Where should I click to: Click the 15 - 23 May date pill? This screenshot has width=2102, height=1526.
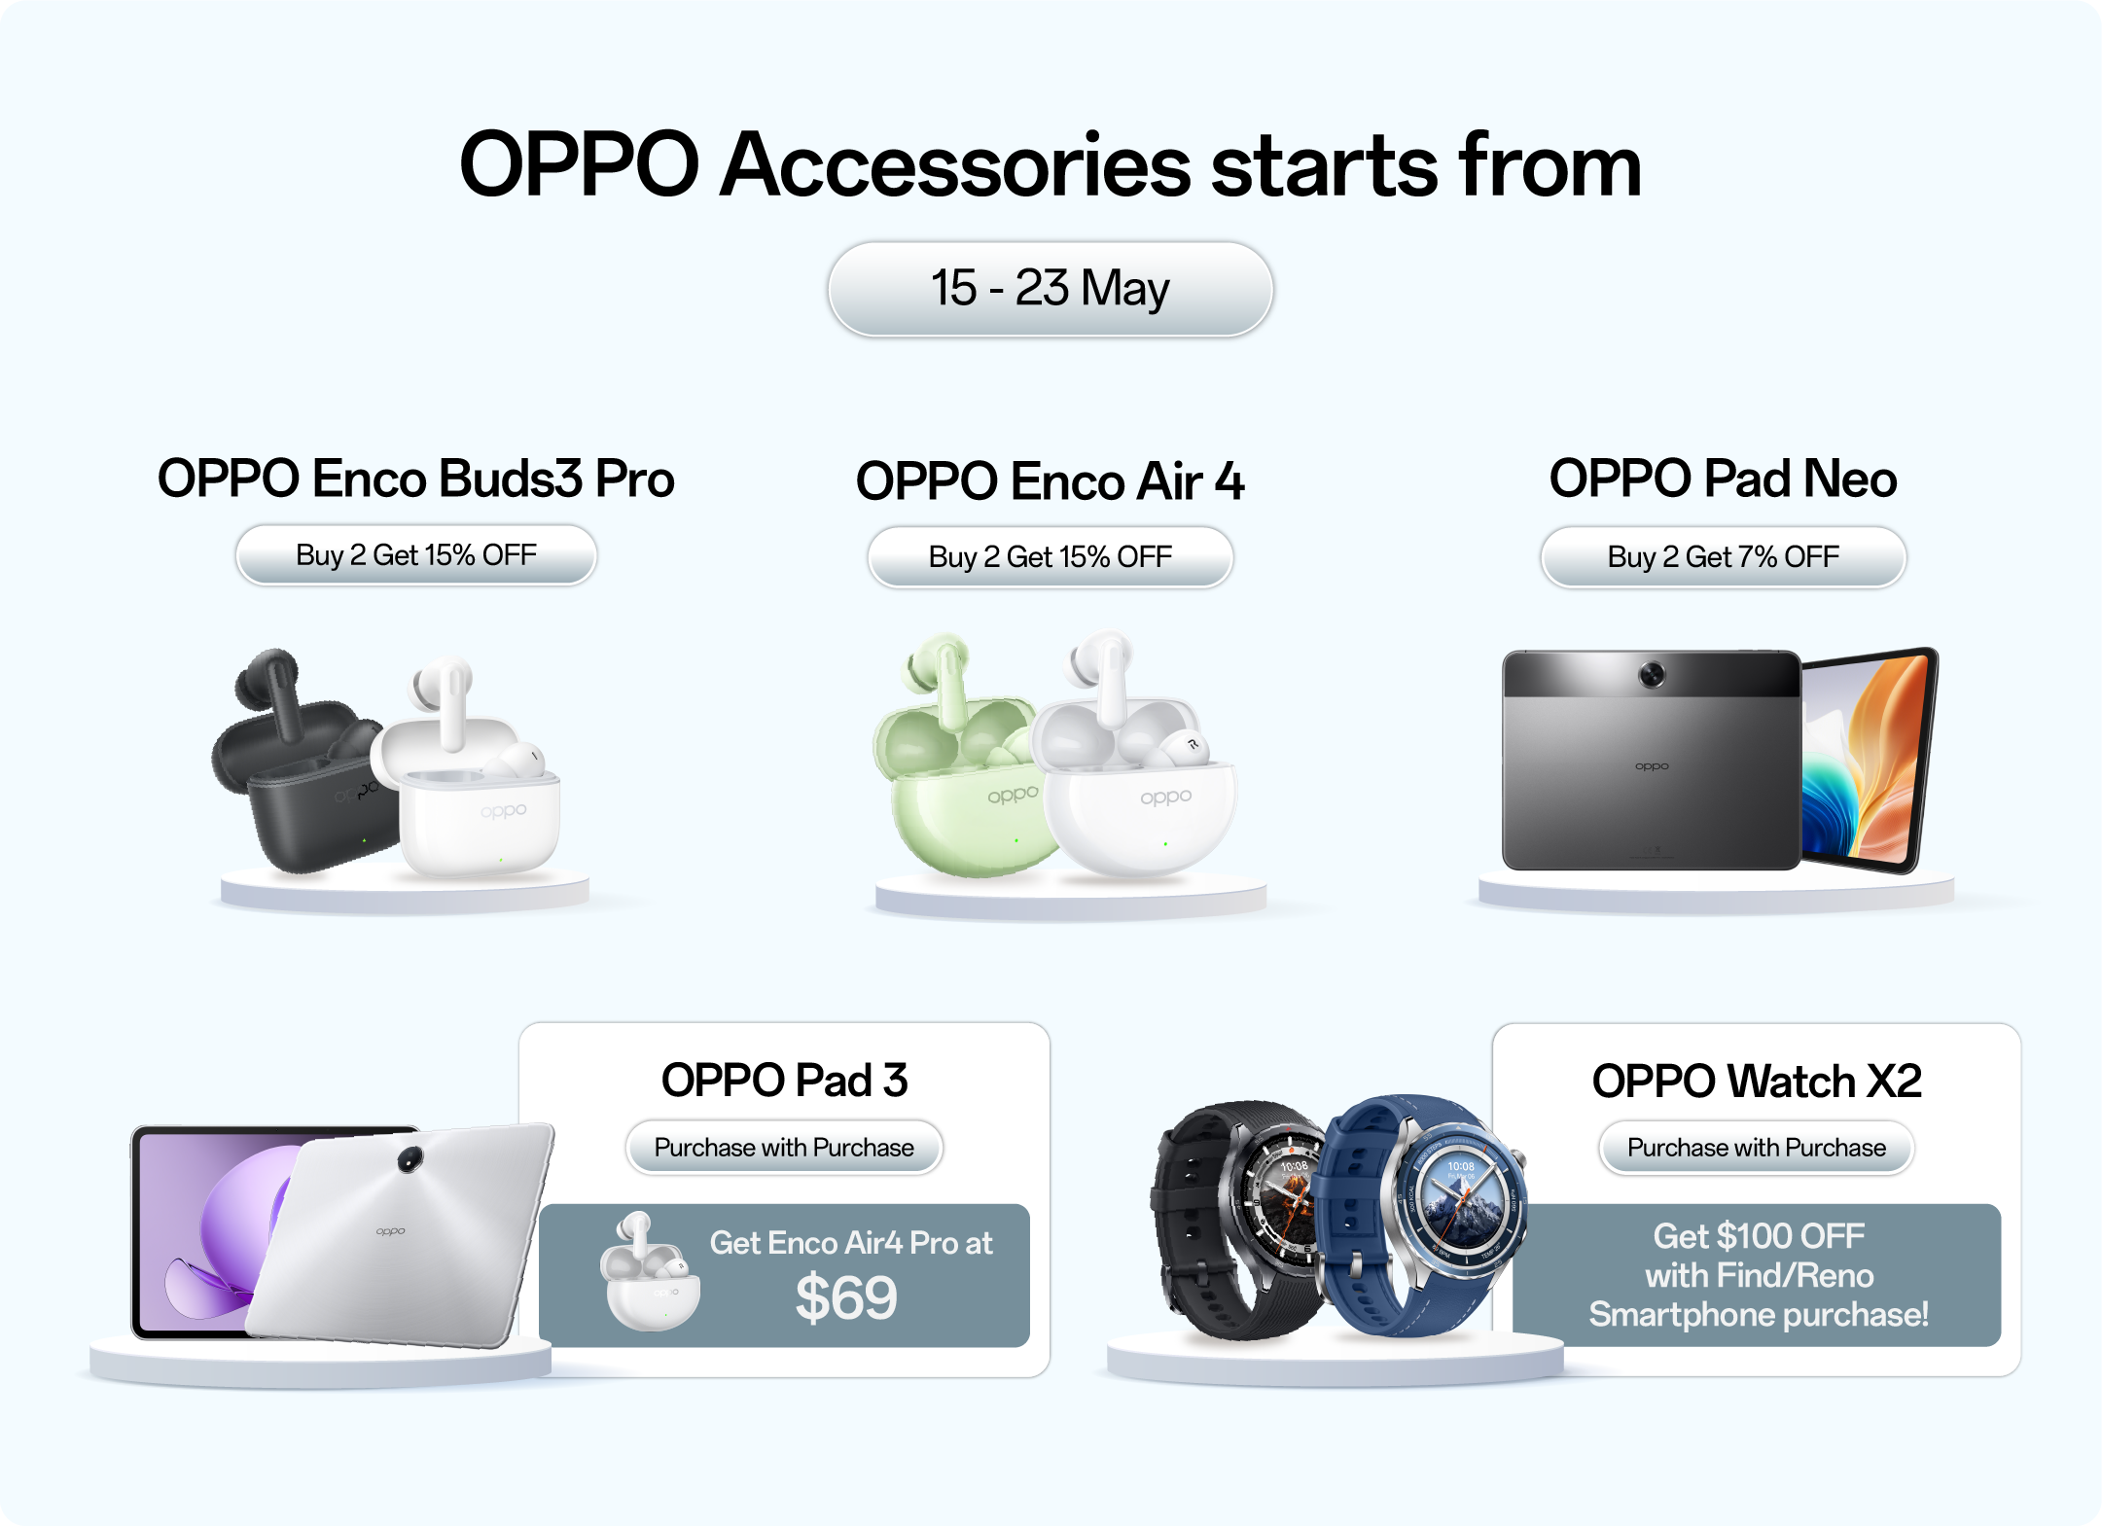[1051, 289]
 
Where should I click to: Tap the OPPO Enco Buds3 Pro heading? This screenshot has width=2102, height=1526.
[416, 479]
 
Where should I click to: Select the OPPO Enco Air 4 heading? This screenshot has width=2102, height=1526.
[1051, 481]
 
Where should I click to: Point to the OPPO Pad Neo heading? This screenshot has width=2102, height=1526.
[1723, 479]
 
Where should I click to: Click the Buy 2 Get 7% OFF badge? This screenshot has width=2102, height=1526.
[1723, 557]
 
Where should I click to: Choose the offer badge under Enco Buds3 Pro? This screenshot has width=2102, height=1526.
[416, 555]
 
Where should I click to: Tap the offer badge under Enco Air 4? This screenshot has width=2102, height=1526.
[1051, 557]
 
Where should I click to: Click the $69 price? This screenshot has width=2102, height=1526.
[846, 1298]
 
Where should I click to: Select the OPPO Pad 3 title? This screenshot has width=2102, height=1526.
[785, 1081]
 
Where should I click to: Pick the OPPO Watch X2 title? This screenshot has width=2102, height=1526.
[1757, 1082]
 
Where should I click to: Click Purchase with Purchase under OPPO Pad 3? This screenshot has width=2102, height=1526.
[784, 1148]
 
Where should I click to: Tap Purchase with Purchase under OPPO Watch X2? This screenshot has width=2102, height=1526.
[1757, 1148]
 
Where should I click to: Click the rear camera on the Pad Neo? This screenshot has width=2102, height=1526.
[1652, 673]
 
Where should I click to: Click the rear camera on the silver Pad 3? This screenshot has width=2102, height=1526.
[410, 1157]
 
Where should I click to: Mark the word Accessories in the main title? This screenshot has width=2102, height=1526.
[955, 165]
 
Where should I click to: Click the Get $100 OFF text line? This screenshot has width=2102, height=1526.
[1759, 1236]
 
